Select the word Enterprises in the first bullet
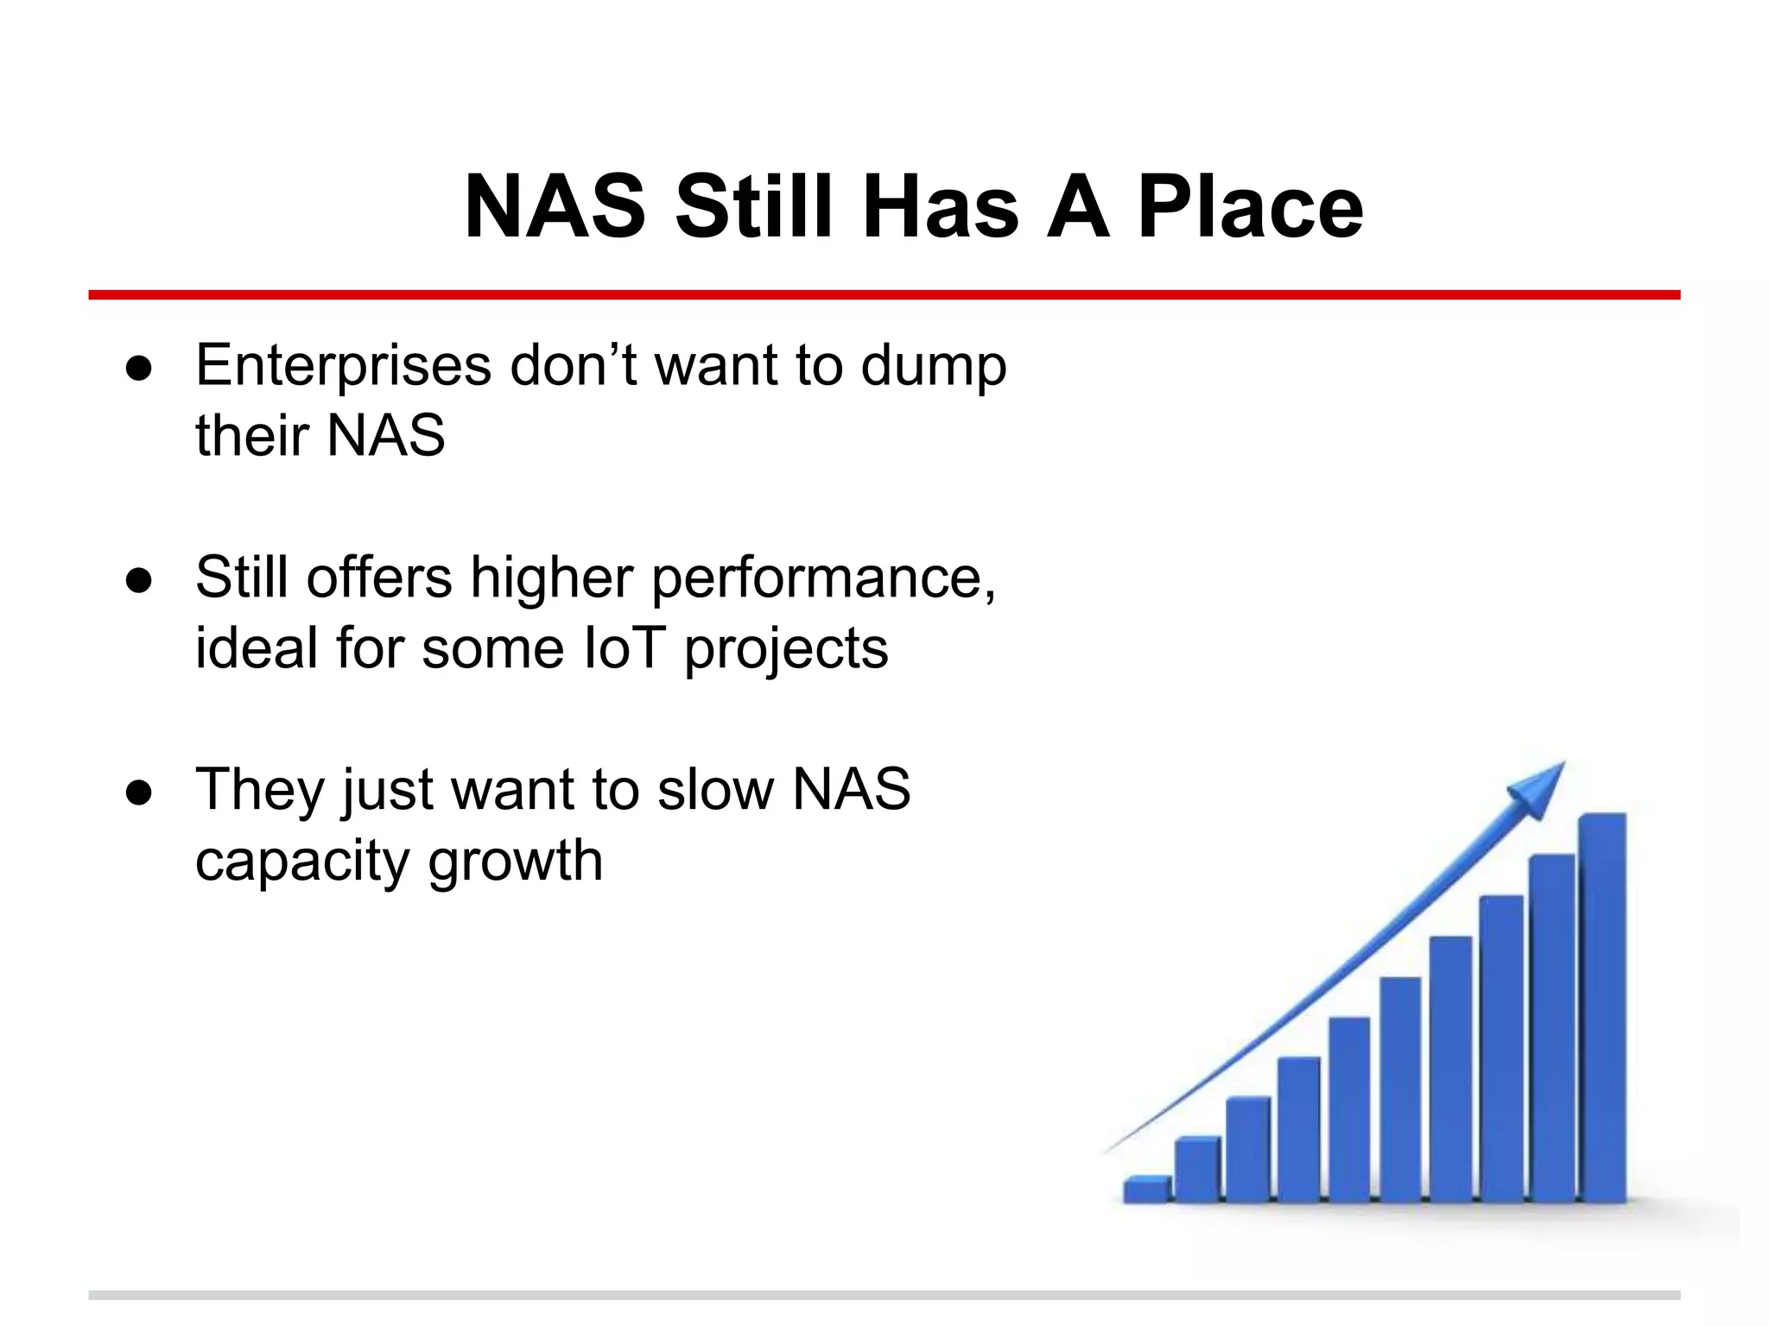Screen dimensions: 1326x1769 click(344, 366)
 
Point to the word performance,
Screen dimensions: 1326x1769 click(823, 578)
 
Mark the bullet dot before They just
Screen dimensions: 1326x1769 click(139, 792)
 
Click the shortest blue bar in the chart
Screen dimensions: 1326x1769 click(1147, 1190)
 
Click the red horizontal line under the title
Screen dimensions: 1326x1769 click(884, 295)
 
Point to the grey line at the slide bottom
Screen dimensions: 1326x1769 click(884, 1295)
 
